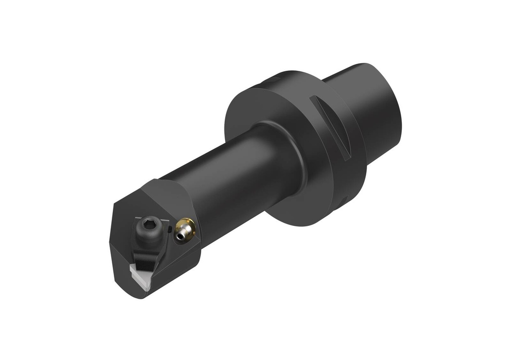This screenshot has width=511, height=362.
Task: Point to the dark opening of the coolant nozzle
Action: (180, 235)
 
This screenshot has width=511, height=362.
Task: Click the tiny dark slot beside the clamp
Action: (170, 229)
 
